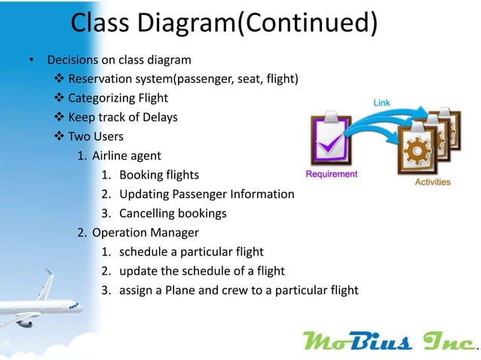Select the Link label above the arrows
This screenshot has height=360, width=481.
tap(382, 102)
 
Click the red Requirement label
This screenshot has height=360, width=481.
tap(331, 174)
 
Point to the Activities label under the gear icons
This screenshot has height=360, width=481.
tap(433, 182)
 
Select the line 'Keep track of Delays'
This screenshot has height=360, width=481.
tap(122, 117)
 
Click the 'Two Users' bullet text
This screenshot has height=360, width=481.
tap(96, 136)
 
